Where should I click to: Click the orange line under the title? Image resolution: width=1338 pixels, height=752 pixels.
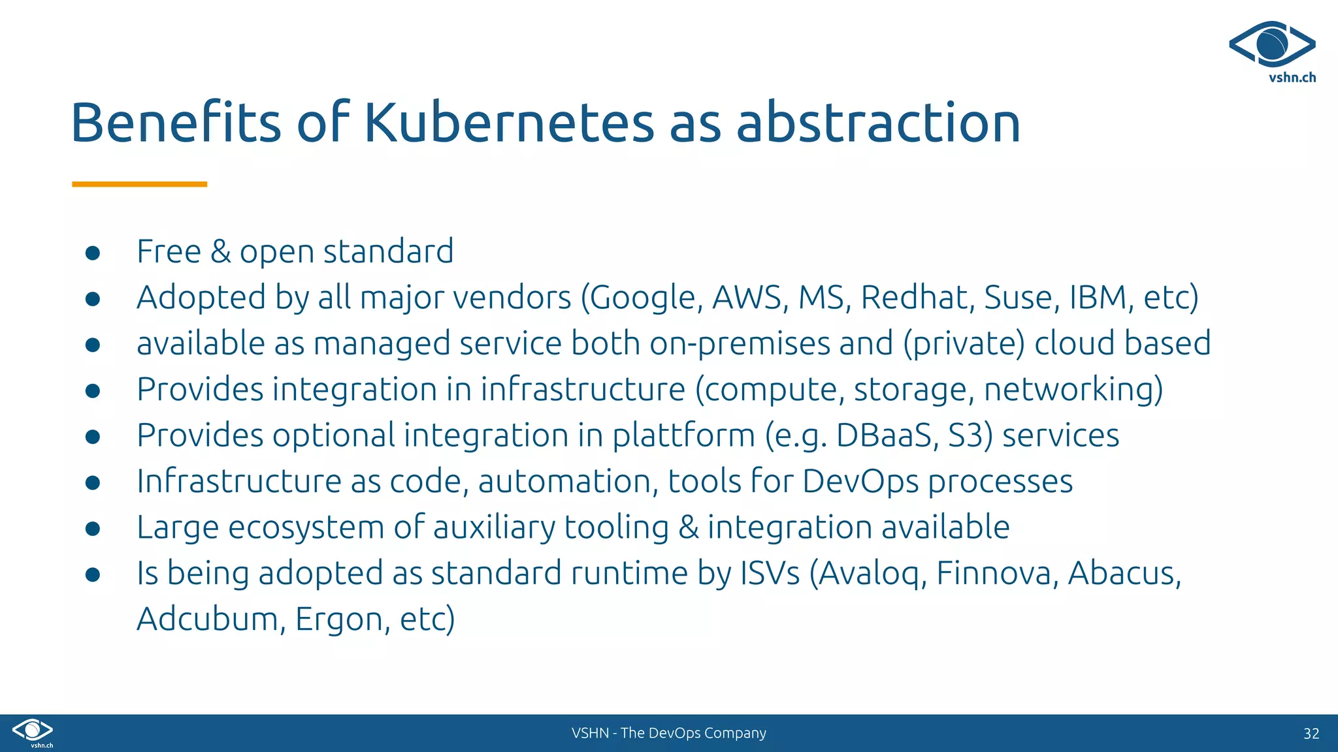coord(139,185)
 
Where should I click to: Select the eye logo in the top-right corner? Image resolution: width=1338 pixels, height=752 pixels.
coord(1272,44)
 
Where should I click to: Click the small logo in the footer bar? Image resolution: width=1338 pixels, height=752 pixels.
coord(33,731)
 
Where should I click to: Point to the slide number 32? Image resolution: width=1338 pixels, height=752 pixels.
coord(1311,734)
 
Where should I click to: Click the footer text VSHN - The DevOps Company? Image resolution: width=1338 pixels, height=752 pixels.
coord(668,733)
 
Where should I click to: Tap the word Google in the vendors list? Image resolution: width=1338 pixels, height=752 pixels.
coord(646,298)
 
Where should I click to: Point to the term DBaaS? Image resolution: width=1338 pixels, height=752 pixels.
coord(887,435)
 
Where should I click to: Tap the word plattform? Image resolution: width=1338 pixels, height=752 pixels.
coord(683,435)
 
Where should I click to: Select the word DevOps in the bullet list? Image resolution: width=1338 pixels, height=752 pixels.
coord(860,482)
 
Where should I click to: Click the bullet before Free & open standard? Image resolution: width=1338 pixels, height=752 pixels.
coord(93,253)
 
